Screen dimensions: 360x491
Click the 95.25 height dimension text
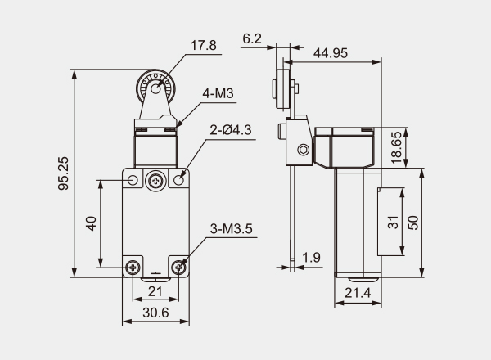pos(65,174)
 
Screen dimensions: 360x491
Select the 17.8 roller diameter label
pos(203,45)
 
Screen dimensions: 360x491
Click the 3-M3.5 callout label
pos(234,229)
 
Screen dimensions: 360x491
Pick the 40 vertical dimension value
pos(92,223)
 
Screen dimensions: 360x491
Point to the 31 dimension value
pos(392,221)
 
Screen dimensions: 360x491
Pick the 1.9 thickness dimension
pos(311,258)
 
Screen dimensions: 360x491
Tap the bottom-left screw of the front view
pos(133,268)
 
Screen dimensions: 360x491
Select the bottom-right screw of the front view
pos(180,268)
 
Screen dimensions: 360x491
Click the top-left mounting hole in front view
pos(133,178)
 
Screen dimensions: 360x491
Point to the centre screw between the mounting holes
pos(155,179)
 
